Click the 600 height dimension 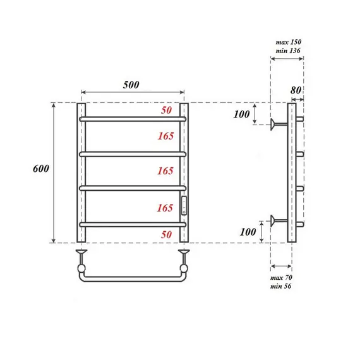coord(40,171)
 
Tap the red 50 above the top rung coord(166,111)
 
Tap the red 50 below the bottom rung coord(166,234)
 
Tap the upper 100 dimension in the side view coord(241,114)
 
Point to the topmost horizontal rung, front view coord(132,118)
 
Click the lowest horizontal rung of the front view coord(132,224)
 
